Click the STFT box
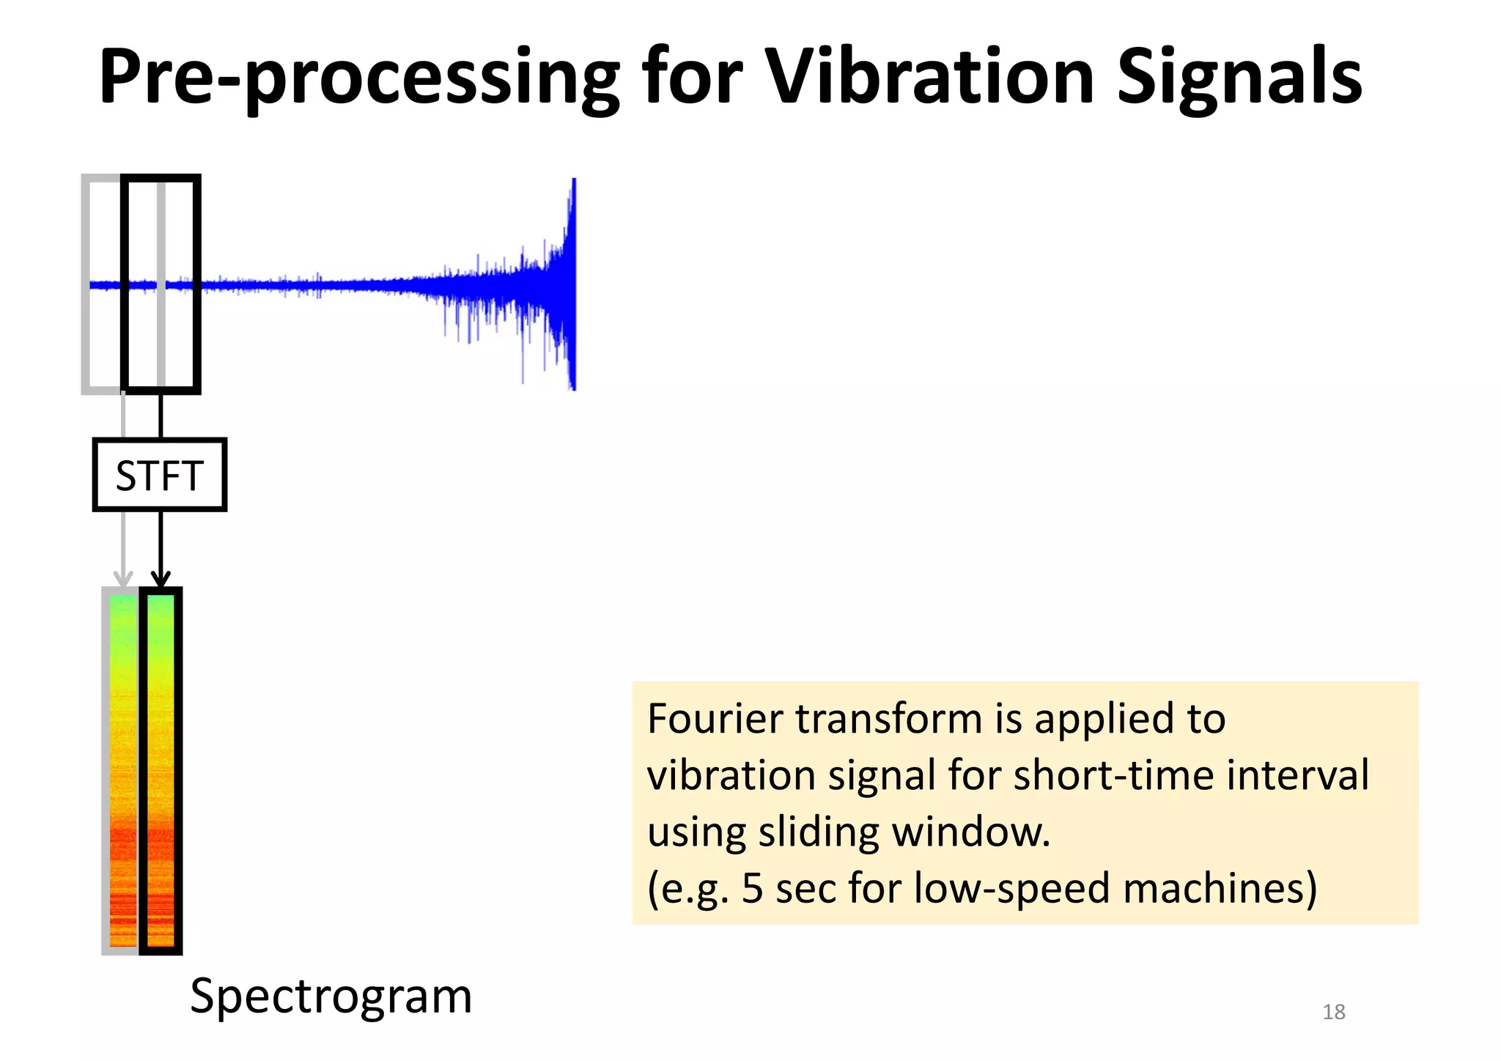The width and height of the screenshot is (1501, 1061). coord(160,475)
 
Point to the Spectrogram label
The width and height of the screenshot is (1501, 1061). coord(331,997)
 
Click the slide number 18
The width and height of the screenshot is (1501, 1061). coord(1333,1012)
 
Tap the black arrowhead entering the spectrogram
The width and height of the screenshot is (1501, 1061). coord(161,580)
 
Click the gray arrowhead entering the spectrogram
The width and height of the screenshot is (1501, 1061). coord(123,579)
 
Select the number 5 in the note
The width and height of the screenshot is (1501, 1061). coord(753,888)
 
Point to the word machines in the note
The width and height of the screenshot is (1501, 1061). coord(1220,888)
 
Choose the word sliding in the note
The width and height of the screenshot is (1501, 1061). coord(819,833)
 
